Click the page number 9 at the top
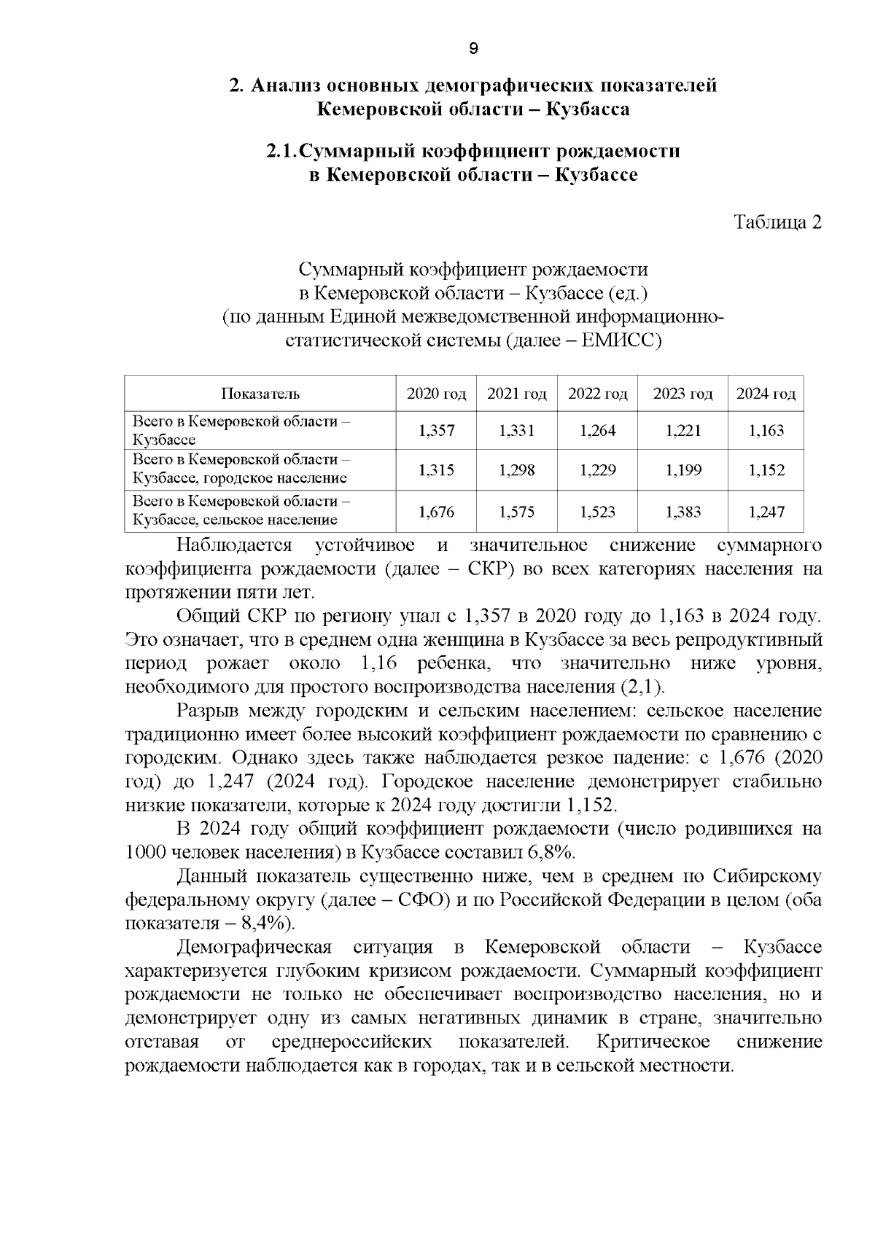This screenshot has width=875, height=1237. pyautogui.click(x=472, y=49)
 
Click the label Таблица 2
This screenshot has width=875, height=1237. pyautogui.click(x=777, y=222)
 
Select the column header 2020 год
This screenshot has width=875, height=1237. pyautogui.click(x=436, y=394)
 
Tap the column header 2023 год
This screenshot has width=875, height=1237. pyautogui.click(x=682, y=394)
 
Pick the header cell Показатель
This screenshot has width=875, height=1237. pyautogui.click(x=260, y=394)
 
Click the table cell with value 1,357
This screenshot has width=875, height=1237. pyautogui.click(x=436, y=431)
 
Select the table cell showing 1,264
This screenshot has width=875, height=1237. pyautogui.click(x=597, y=431)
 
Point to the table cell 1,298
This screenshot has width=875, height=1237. pyautogui.click(x=516, y=471)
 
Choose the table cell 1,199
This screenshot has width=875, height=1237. pyautogui.click(x=682, y=471)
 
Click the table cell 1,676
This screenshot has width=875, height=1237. pyautogui.click(x=436, y=512)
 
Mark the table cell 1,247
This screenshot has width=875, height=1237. pyautogui.click(x=766, y=512)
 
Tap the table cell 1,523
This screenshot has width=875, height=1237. pyautogui.click(x=597, y=512)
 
